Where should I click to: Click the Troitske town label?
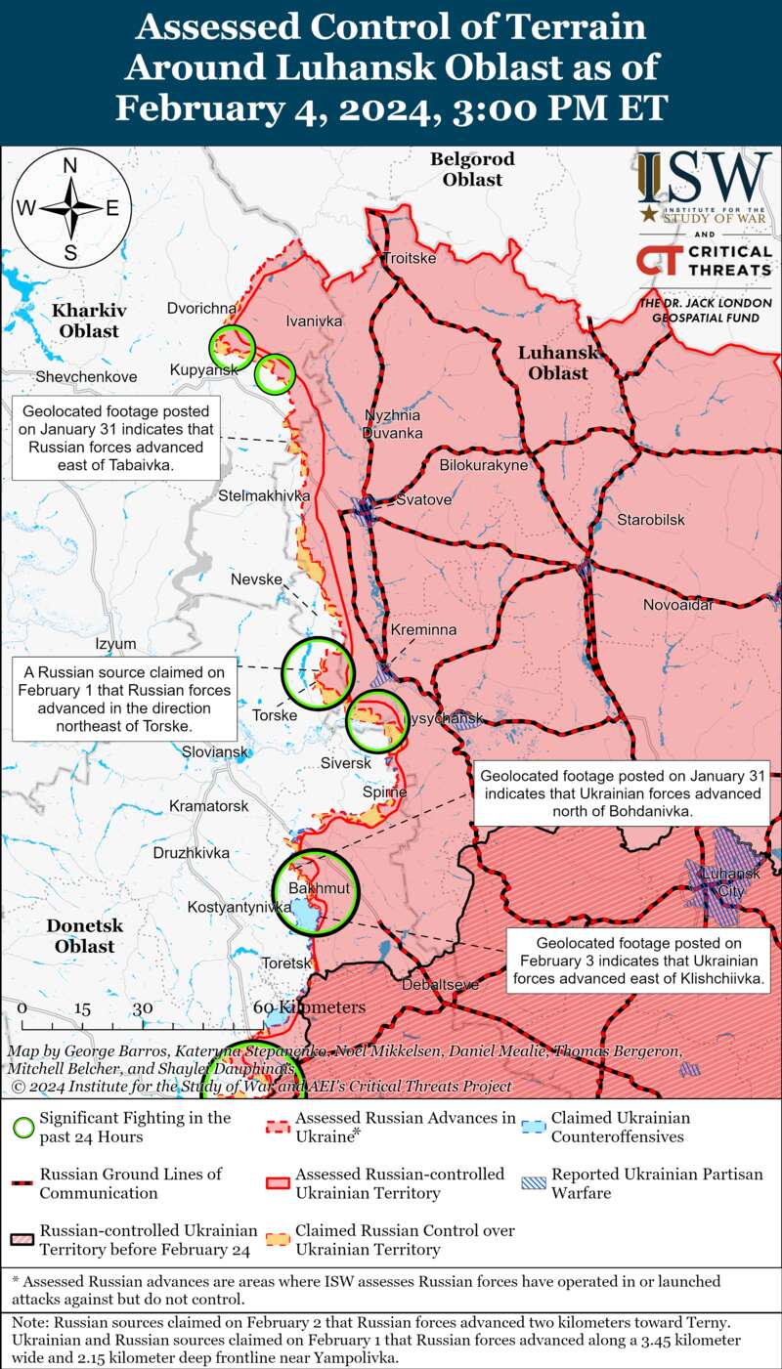409,259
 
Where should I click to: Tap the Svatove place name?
424,500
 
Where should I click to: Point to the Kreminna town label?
423,630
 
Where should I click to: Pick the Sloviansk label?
216,752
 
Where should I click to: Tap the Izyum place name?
115,644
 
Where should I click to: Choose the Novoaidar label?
677,607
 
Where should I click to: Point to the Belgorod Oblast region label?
472,169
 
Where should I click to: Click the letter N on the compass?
70,166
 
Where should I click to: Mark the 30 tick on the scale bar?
143,1008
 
